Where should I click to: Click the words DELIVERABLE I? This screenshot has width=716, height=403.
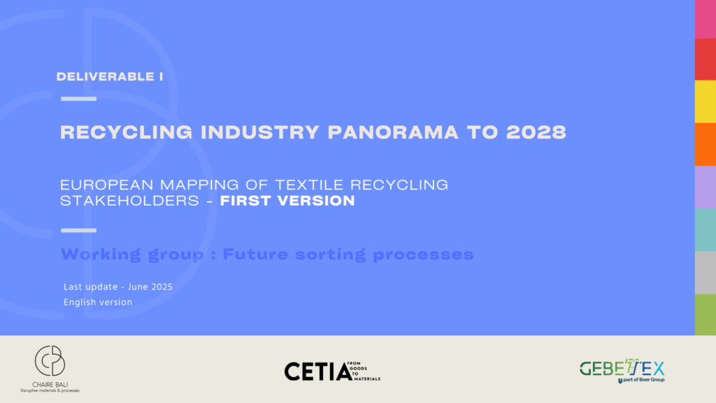coord(110,77)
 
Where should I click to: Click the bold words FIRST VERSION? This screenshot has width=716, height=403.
coord(287,201)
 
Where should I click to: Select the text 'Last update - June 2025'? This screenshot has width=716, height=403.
coord(117,287)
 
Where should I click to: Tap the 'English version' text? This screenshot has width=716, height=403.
coord(97,302)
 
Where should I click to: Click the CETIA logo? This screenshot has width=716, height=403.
coord(331,371)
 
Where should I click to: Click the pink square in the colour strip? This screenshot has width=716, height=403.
coord(705,19)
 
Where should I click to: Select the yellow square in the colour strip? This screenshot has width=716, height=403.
coord(705,101)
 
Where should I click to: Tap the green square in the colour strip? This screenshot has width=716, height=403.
coord(705,314)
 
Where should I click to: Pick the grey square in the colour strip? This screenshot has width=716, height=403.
coord(705,272)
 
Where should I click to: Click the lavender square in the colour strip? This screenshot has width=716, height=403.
coord(705,187)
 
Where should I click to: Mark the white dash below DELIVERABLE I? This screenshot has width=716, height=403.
coord(78,99)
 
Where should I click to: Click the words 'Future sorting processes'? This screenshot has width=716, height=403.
coord(348,254)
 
